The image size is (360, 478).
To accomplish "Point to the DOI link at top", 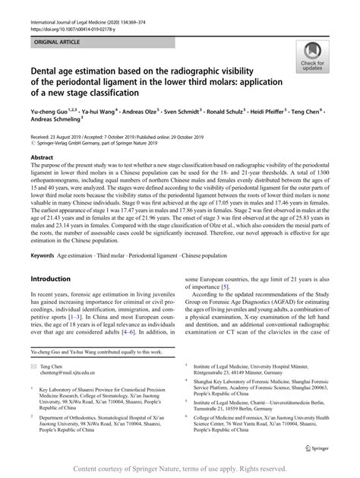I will pyautogui.click(x=68, y=19).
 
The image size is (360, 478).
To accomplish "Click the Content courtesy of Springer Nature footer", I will pyautogui.click(x=180, y=470).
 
